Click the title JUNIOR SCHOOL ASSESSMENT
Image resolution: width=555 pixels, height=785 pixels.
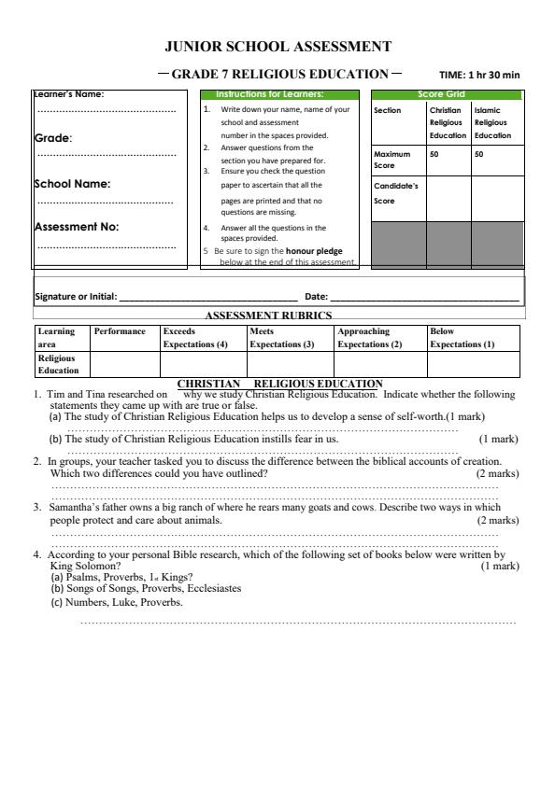click(277, 46)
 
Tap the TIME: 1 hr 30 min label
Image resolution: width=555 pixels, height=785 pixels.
click(479, 75)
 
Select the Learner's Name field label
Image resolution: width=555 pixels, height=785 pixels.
click(69, 93)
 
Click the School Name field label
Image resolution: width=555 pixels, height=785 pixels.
click(72, 184)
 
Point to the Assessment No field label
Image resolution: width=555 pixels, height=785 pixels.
click(77, 226)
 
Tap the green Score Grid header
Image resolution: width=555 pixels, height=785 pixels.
click(446, 94)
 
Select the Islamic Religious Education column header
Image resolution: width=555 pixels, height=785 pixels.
click(491, 122)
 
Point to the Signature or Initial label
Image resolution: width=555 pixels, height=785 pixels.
click(75, 296)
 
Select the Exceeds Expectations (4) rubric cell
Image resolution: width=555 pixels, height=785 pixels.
click(195, 337)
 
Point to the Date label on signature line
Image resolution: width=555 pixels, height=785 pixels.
click(318, 296)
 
